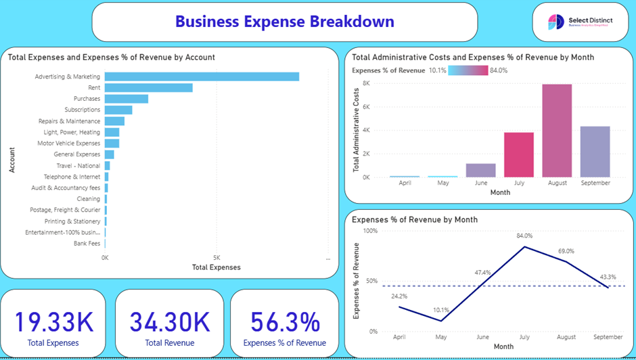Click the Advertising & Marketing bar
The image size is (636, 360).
202,76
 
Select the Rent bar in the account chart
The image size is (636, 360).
149,87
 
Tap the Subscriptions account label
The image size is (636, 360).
82,110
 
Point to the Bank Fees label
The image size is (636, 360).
87,243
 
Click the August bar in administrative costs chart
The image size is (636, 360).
557,131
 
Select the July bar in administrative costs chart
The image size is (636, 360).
519,154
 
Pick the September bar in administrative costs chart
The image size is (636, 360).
595,152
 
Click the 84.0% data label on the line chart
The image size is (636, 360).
524,236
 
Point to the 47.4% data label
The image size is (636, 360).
482,273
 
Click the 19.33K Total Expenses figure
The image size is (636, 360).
53,322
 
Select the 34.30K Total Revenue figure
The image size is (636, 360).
170,322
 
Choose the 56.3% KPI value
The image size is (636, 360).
285,322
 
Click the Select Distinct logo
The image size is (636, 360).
581,22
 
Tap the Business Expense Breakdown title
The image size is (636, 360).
284,22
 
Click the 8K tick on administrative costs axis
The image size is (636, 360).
365,83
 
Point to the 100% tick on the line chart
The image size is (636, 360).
370,231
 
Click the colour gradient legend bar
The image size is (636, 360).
468,70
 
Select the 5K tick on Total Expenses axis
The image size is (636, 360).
217,258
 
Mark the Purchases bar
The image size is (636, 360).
127,99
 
